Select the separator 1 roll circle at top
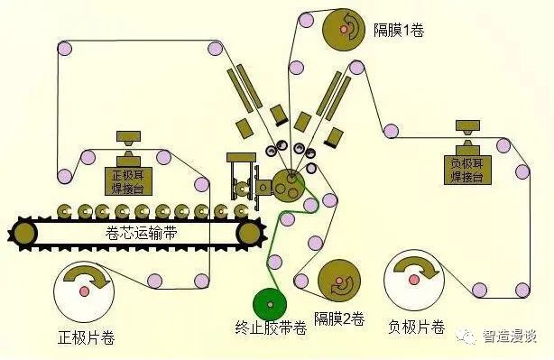[x=346, y=29]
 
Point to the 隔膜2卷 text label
[x=339, y=318]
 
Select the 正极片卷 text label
[x=87, y=338]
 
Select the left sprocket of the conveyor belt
[x=25, y=233]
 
